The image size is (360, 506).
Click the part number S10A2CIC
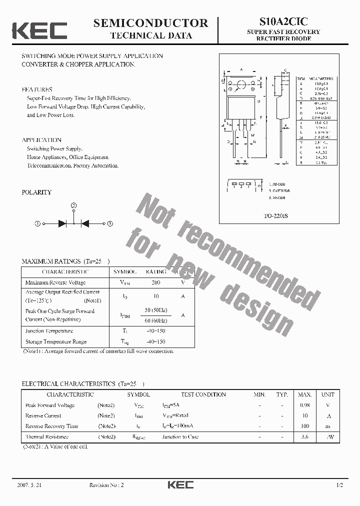click(283, 21)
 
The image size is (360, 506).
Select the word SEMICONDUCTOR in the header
click(150, 23)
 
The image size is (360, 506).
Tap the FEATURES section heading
click(37, 89)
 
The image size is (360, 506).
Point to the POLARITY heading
click(36, 192)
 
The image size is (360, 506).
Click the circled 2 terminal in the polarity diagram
click(73, 205)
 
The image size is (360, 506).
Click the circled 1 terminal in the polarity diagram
click(37, 223)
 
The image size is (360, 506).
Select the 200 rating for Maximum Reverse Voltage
click(156, 282)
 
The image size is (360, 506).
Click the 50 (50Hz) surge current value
click(156, 310)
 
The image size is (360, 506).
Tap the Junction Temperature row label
click(49, 330)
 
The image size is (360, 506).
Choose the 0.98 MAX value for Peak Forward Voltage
click(304, 405)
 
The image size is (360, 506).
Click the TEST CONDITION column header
click(203, 394)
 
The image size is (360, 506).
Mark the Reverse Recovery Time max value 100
click(304, 426)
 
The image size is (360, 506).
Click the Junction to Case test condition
click(180, 436)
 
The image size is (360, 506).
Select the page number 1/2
click(340, 485)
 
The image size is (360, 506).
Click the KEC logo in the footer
click(180, 484)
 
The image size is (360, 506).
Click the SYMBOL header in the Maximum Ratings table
click(125, 271)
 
